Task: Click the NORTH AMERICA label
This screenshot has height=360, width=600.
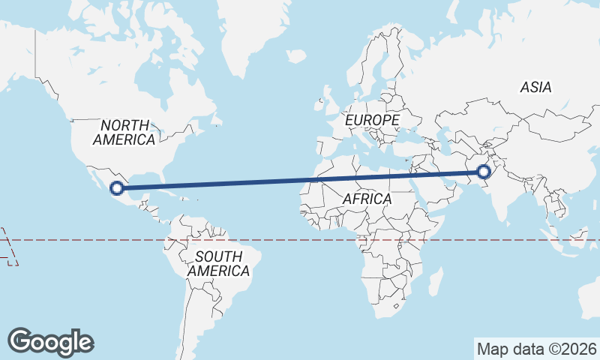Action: coord(124,132)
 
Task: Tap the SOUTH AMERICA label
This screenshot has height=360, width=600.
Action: coord(218,263)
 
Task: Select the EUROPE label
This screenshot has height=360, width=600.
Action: coord(372,120)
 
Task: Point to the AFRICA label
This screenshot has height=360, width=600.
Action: coord(367,199)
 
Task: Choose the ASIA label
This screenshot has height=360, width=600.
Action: coord(535,88)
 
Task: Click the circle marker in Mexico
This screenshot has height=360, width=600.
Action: coord(116,188)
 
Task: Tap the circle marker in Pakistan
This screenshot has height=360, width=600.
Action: coord(483,172)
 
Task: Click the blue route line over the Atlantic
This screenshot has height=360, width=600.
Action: coord(247,182)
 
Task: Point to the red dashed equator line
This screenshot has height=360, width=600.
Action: coord(300,240)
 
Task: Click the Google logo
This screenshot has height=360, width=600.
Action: coord(50,342)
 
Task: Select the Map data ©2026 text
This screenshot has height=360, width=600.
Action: coord(537,349)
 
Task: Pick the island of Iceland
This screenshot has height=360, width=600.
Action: coord(296,56)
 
